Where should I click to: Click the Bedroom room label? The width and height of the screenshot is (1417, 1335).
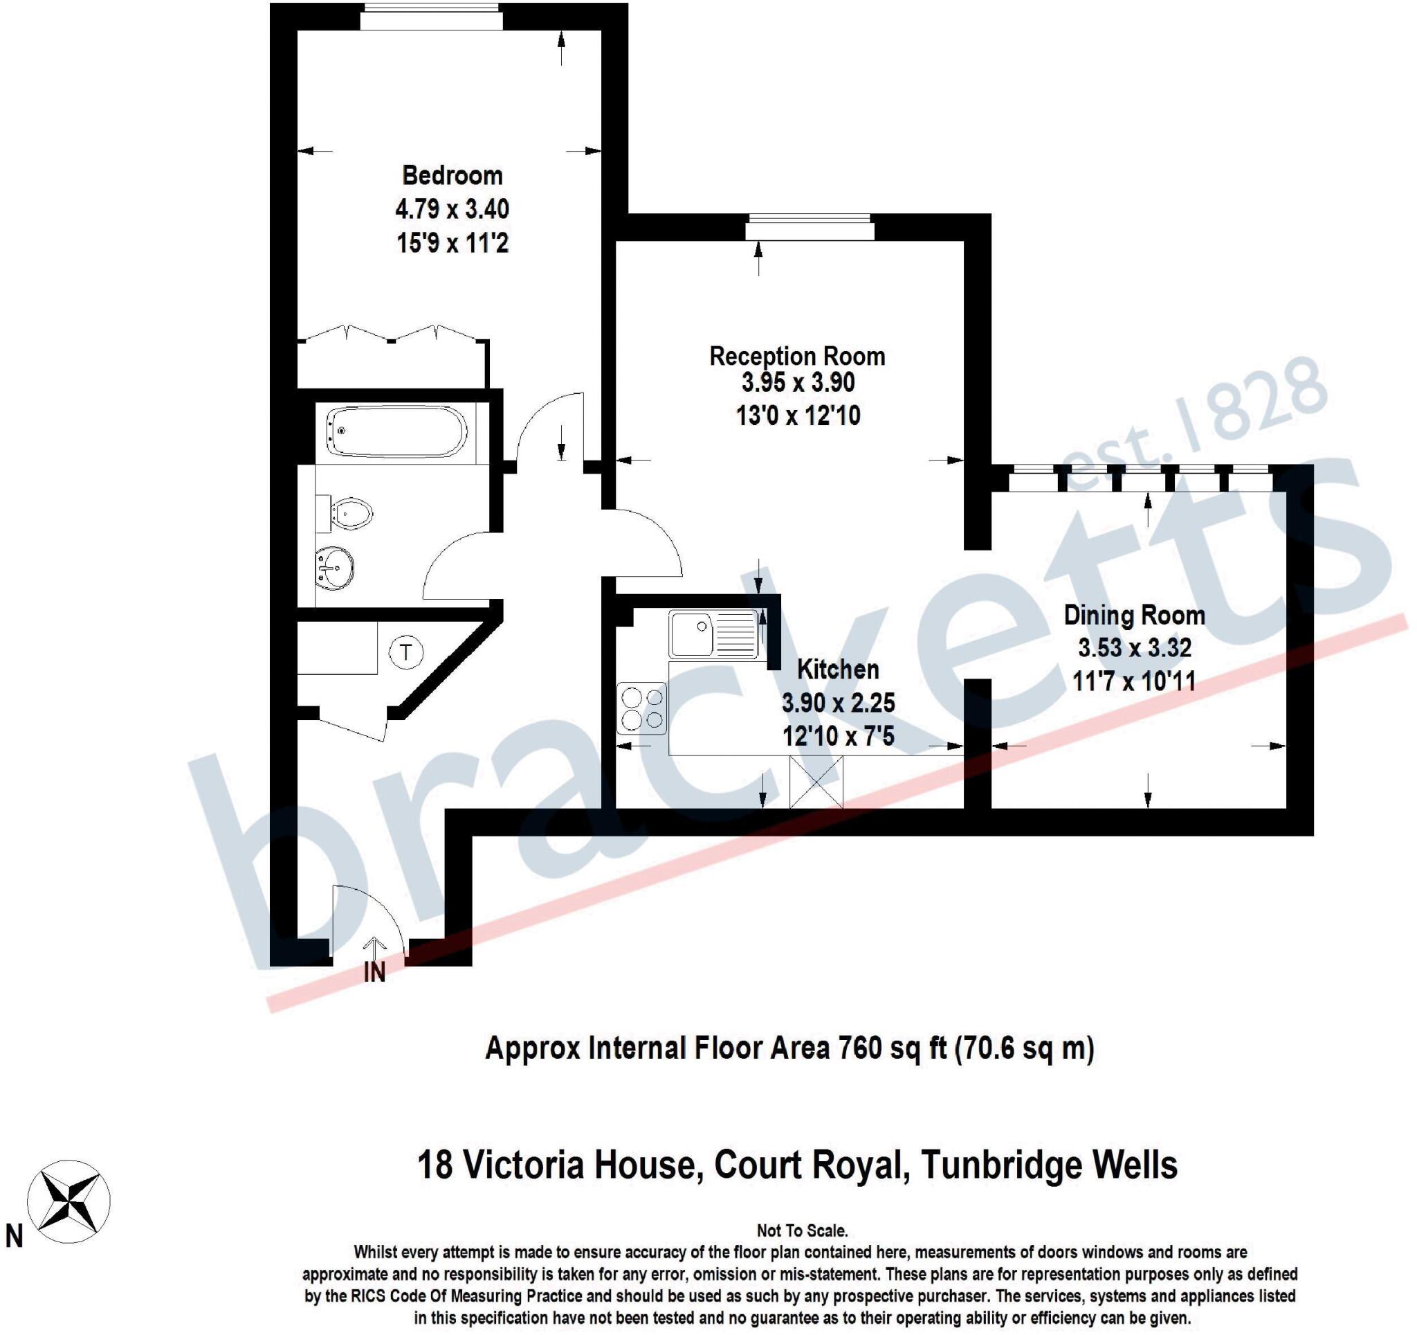tap(452, 175)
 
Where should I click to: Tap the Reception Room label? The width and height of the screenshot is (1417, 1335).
tap(797, 356)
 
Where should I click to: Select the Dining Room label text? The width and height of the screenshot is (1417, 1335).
tap(1134, 615)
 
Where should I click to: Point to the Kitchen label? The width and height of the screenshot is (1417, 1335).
tap(837, 669)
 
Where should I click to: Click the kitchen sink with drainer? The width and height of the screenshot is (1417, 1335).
tap(713, 634)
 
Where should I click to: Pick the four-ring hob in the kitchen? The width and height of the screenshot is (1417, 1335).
tap(641, 708)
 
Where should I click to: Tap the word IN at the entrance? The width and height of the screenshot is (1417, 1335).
tap(374, 973)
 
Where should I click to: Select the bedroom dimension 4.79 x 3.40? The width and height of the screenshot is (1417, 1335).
tap(452, 209)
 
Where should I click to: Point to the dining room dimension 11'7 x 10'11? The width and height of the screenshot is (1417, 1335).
tap(1134, 681)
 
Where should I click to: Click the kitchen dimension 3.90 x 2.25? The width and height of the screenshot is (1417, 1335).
tap(838, 702)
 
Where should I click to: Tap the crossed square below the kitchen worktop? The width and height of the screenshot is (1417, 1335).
tap(816, 782)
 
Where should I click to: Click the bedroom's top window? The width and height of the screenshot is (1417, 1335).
tap(431, 17)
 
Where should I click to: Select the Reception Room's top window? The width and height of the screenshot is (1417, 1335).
tap(810, 228)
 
